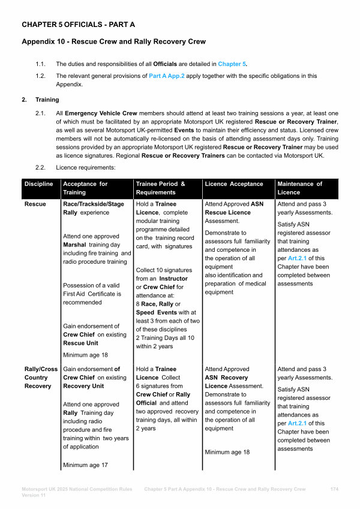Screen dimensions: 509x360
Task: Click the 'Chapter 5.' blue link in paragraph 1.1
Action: tap(232, 64)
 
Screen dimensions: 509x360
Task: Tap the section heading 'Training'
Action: tap(47, 100)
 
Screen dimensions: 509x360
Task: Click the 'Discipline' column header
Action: tap(38, 183)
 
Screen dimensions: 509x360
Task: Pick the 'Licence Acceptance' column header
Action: tap(234, 183)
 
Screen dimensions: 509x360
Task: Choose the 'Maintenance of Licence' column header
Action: tap(299, 188)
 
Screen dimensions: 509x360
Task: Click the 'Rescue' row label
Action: tap(35, 204)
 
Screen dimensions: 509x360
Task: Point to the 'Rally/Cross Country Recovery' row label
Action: tap(40, 377)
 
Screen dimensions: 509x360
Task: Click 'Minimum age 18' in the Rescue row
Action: tap(86, 355)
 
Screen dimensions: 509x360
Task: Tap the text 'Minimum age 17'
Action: tap(86, 465)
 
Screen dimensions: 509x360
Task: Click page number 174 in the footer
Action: tap(335, 489)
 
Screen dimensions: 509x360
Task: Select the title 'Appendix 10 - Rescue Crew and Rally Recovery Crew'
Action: tap(113, 42)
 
